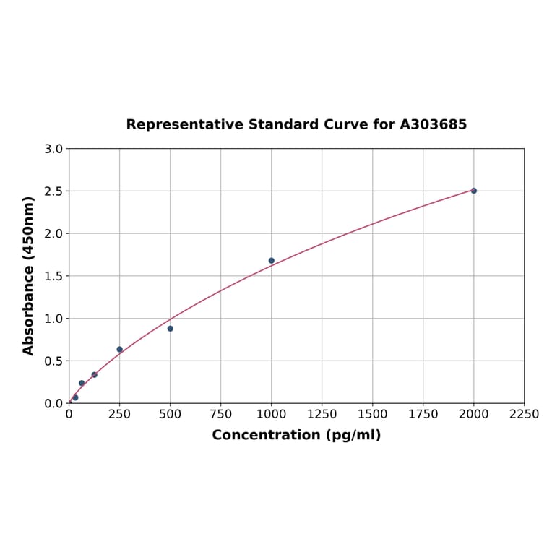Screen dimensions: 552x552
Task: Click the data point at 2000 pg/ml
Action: [x=473, y=191]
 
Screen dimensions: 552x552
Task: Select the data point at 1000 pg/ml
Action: [x=272, y=261]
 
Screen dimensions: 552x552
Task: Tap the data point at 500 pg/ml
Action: [x=171, y=329]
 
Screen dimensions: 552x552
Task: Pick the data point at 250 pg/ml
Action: [x=120, y=350]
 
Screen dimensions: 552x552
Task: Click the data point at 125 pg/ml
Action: [x=95, y=375]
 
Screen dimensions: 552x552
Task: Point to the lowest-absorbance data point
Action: [x=75, y=398]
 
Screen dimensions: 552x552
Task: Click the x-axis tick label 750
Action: [x=221, y=415]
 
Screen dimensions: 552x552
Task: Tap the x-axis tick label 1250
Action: [x=322, y=415]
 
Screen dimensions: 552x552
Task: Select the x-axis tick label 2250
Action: [x=524, y=415]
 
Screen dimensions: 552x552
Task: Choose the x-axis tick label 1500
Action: [x=373, y=415]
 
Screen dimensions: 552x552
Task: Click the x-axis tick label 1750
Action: [x=423, y=415]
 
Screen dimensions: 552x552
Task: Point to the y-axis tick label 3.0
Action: [x=53, y=149]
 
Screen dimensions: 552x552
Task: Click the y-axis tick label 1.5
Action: [x=53, y=276]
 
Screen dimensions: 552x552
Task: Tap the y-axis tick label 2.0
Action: [x=53, y=233]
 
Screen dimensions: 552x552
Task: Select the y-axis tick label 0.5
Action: [x=53, y=361]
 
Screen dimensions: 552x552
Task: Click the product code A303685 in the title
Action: [x=434, y=125]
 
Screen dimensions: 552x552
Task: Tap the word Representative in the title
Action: [x=185, y=125]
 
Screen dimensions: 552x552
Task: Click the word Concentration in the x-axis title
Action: [x=266, y=436]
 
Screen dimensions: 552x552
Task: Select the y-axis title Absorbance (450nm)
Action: [x=29, y=275]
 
